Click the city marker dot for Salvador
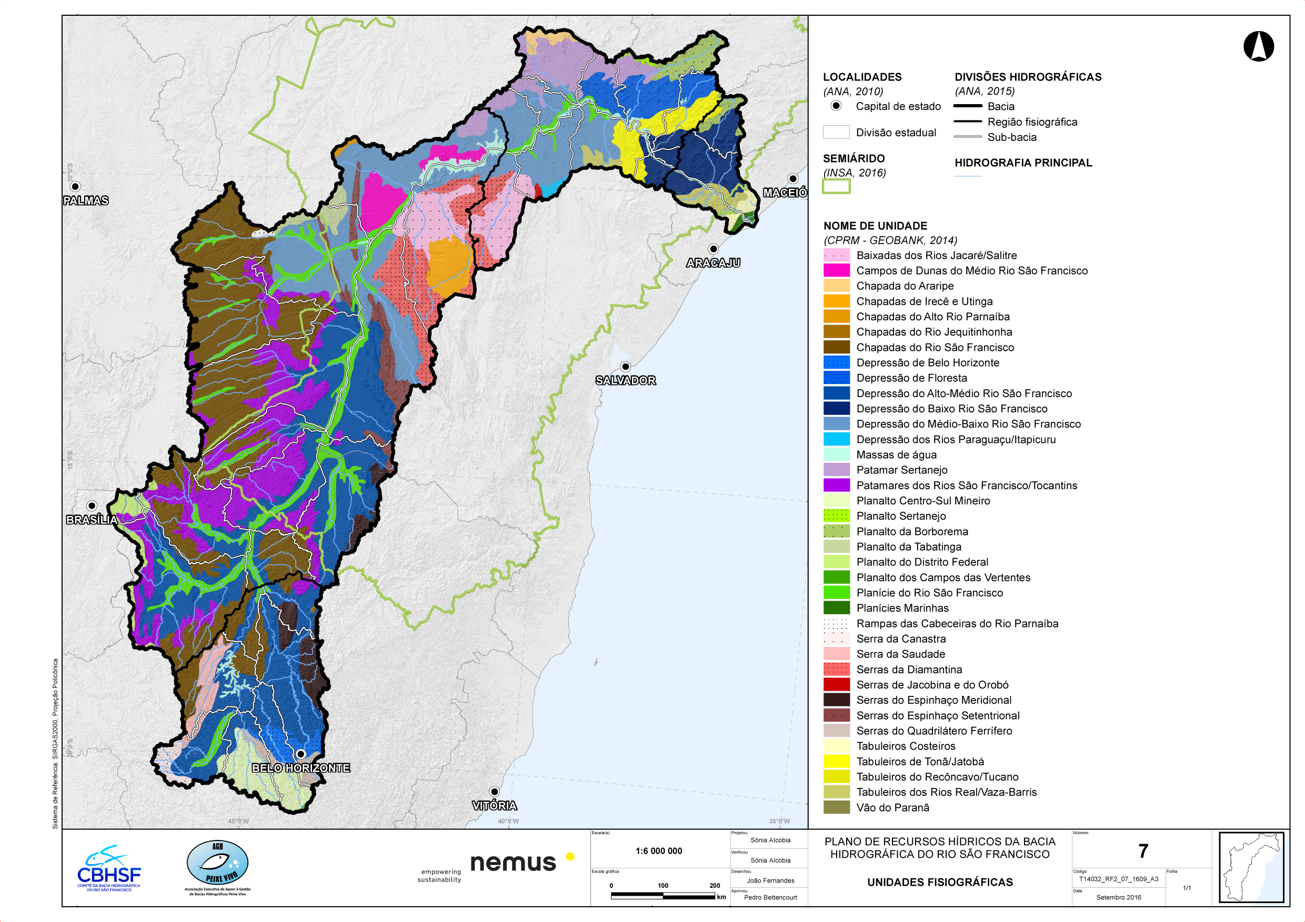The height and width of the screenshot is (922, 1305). (625, 367)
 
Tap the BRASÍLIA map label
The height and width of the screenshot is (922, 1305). (92, 520)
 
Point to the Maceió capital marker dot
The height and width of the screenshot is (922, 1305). (793, 179)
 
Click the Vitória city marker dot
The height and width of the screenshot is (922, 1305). (495, 792)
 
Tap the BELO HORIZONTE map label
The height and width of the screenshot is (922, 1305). (300, 768)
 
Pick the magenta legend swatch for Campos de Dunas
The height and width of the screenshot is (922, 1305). (837, 270)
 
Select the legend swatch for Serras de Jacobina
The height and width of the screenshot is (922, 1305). (837, 685)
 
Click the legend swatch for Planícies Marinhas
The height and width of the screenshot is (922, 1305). (837, 608)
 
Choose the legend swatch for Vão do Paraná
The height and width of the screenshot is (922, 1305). (837, 807)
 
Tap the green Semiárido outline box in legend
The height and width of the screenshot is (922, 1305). (836, 186)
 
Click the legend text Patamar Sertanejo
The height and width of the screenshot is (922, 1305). (901, 470)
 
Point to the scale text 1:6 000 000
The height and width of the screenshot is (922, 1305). (659, 851)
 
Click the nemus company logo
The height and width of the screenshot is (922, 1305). (513, 863)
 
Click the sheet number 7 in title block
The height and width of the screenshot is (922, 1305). (1143, 851)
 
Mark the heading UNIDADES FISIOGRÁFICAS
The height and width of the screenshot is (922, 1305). (939, 882)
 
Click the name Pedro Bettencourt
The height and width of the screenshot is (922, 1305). (770, 898)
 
